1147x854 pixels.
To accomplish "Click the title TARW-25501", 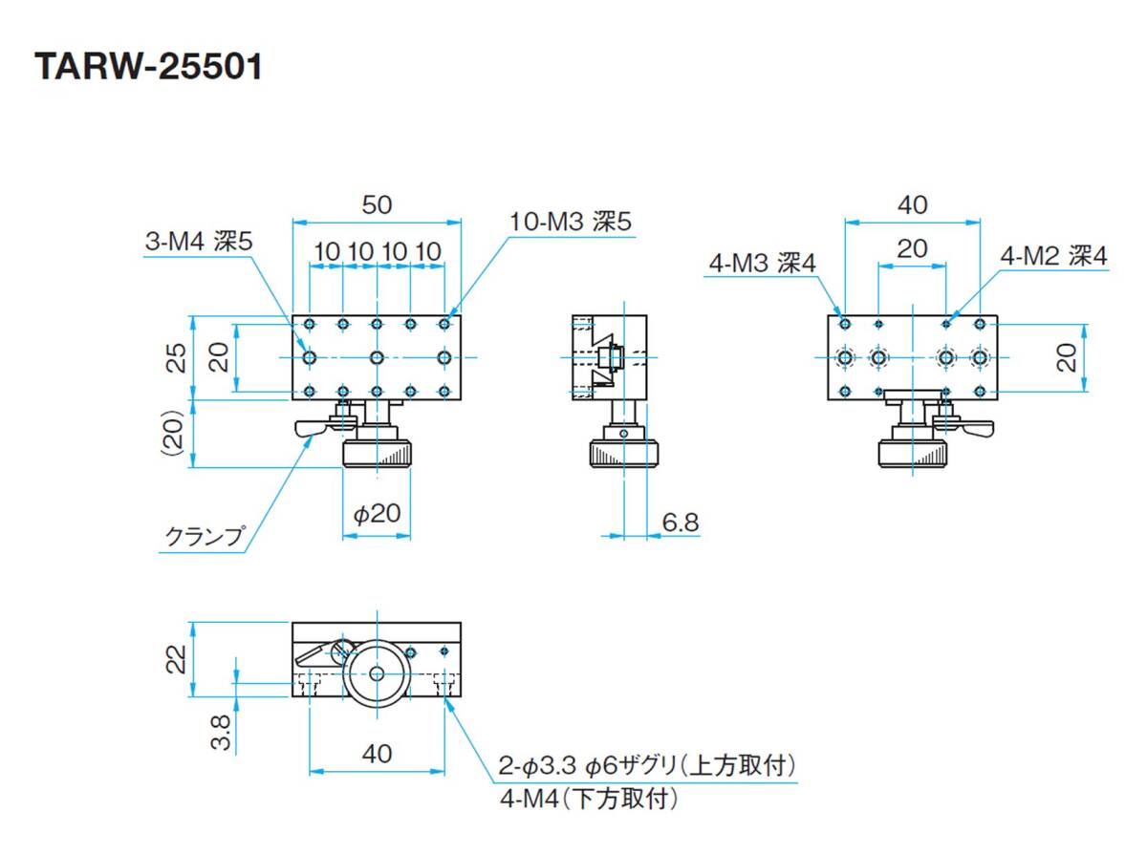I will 148,68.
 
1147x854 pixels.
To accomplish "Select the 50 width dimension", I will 377,204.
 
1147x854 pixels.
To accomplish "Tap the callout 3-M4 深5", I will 199,243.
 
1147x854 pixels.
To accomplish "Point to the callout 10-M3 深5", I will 571,222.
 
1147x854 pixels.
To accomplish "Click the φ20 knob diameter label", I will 377,515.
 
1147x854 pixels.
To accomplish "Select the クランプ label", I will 204,537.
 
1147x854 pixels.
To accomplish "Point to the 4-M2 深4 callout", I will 1053,256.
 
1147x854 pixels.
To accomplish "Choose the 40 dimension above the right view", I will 913,204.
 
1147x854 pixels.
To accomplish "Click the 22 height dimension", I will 176,660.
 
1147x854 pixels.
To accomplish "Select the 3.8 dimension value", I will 220,734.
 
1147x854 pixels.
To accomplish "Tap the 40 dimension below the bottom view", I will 377,754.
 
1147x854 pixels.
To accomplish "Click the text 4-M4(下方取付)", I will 588,799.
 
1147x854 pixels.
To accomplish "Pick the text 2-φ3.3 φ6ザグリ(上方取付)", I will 647,765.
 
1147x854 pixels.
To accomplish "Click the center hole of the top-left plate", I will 377,357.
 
